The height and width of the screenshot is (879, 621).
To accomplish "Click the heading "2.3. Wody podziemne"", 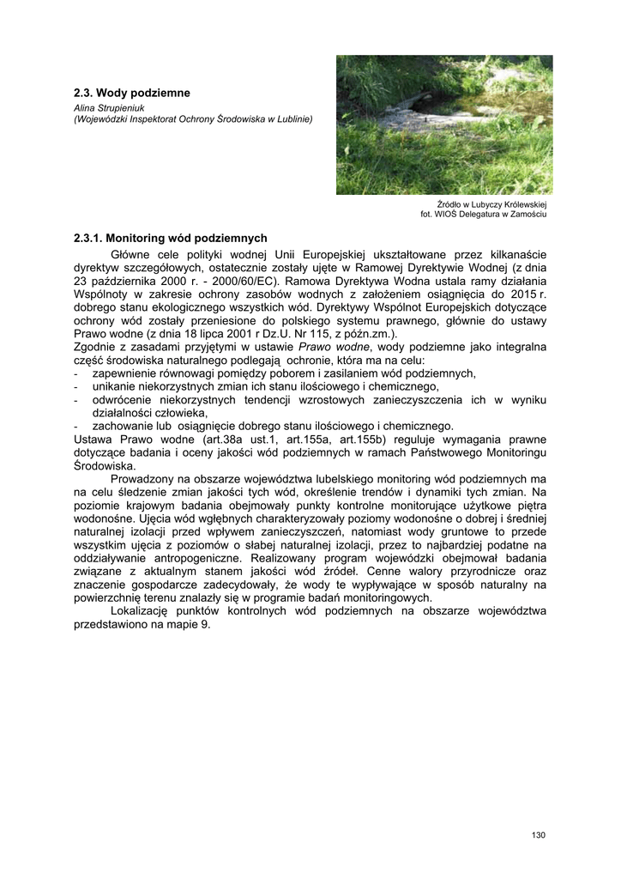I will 131,92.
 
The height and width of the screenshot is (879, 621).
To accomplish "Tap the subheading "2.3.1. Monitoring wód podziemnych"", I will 171,238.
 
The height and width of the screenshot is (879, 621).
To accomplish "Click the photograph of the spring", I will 443,124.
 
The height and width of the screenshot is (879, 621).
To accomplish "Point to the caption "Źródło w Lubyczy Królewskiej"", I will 491,205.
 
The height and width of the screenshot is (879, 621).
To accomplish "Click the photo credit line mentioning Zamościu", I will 483,215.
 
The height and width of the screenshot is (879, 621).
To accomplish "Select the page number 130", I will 538,834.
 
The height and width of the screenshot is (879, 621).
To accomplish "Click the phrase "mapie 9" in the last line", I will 190,625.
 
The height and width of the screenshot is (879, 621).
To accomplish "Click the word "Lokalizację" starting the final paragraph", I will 143,611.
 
